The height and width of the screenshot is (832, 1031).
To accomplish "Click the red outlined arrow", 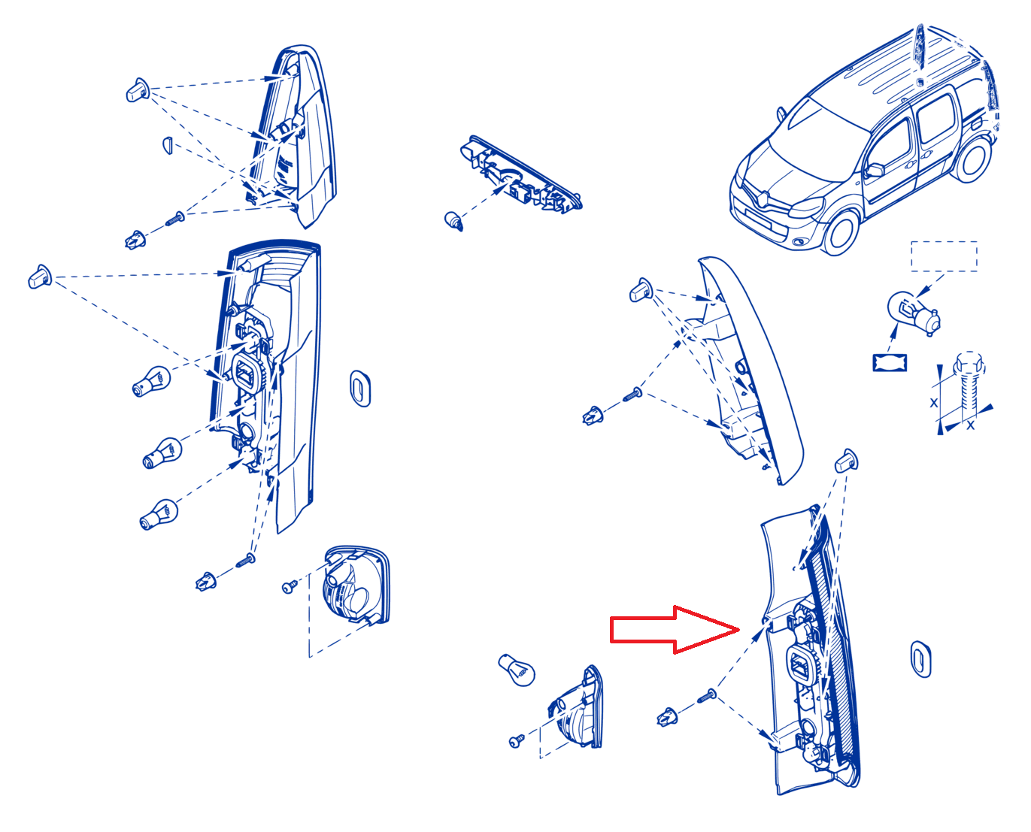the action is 674,629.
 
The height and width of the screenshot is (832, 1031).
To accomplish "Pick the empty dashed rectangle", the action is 944,256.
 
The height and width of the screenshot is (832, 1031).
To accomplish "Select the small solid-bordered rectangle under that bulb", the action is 889,362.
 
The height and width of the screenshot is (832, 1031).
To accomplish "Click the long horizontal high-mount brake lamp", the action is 520,175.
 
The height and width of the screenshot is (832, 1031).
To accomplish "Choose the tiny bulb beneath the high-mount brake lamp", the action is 453,221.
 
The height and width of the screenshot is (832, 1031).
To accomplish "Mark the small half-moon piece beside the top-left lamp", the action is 168,145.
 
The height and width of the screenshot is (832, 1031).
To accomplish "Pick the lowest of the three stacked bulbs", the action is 158,514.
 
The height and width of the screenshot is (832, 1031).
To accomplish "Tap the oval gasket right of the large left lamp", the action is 359,389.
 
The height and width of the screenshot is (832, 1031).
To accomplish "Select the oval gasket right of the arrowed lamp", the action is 920,659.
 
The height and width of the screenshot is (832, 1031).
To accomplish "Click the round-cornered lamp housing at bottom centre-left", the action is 356,585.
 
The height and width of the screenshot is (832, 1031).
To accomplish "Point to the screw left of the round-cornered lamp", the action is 289,587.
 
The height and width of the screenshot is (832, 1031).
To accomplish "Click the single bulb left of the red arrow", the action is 517,670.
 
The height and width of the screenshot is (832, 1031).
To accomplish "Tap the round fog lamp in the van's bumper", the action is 800,242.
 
